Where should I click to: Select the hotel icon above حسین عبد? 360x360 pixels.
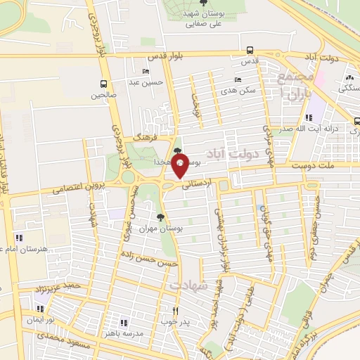[x=146, y=72]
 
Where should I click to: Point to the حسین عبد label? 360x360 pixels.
[x=149, y=82]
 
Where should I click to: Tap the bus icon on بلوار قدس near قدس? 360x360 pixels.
[x=250, y=50]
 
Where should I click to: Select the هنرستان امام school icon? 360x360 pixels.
[x=18, y=238]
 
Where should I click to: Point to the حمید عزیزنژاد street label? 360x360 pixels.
[x=63, y=288]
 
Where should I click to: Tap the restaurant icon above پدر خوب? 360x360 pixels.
[x=176, y=311]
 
